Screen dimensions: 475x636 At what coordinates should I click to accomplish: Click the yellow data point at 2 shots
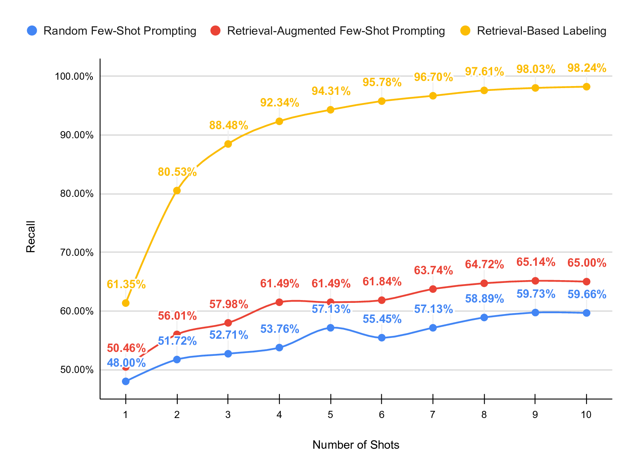pyautogui.click(x=177, y=190)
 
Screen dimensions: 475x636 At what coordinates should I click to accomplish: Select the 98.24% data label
pyautogui.click(x=587, y=68)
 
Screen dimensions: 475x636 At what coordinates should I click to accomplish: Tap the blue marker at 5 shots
pyautogui.click(x=330, y=328)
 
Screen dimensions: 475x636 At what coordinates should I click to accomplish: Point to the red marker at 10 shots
pyautogui.click(x=587, y=282)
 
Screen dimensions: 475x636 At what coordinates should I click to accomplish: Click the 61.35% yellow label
pyautogui.click(x=126, y=285)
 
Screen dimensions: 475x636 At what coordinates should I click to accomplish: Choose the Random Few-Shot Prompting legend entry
pyautogui.click(x=112, y=31)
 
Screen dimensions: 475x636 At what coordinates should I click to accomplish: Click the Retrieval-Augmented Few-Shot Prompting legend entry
pyautogui.click(x=328, y=31)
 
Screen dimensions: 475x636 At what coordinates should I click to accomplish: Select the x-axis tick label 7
pyautogui.click(x=433, y=415)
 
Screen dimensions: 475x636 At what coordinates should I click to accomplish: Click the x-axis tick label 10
pyautogui.click(x=586, y=415)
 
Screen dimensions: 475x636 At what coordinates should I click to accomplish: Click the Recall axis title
pyautogui.click(x=31, y=237)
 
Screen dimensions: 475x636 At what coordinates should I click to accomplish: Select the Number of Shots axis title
pyautogui.click(x=356, y=445)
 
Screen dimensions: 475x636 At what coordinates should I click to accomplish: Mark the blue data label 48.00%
pyautogui.click(x=126, y=363)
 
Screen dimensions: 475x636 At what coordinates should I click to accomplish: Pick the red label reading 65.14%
pyautogui.click(x=536, y=262)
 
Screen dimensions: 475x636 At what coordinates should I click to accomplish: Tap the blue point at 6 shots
pyautogui.click(x=382, y=338)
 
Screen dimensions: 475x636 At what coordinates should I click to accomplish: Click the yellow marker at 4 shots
pyautogui.click(x=279, y=121)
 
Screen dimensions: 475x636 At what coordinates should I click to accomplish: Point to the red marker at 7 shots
pyautogui.click(x=433, y=289)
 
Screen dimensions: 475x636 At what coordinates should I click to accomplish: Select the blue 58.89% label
pyautogui.click(x=484, y=298)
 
